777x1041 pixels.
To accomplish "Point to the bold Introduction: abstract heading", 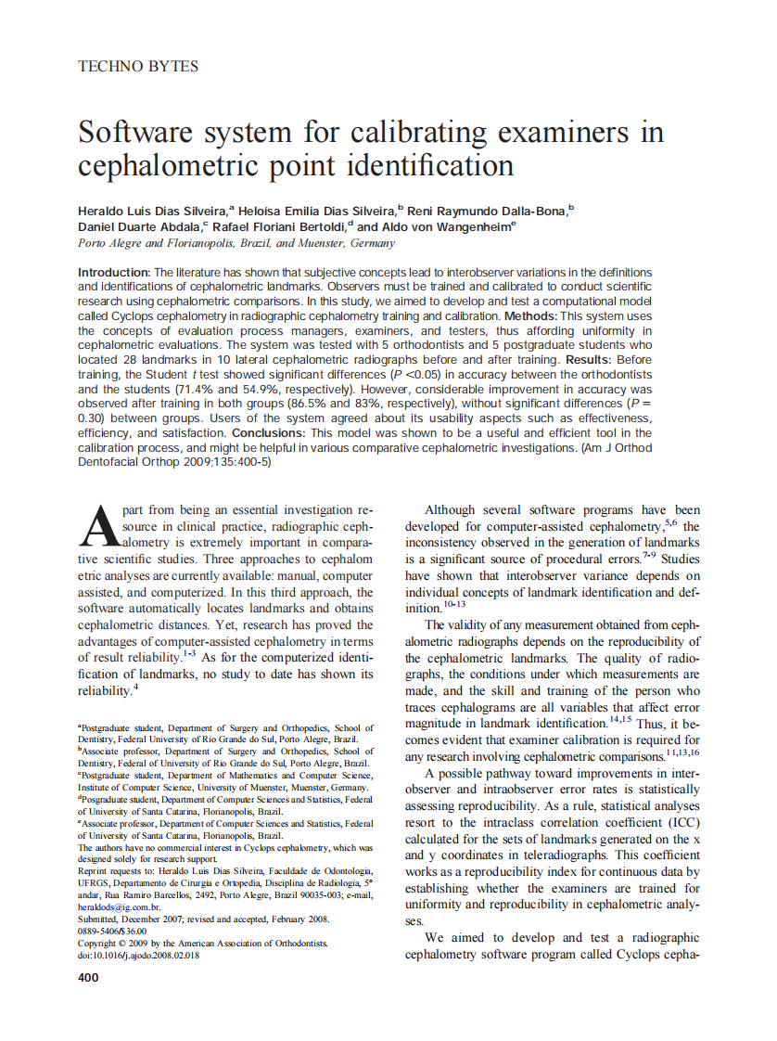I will (113, 272).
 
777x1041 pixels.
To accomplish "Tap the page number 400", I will (88, 977).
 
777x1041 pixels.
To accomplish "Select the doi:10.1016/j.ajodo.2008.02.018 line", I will (138, 955).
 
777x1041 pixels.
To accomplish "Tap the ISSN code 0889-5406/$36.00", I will (112, 931).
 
